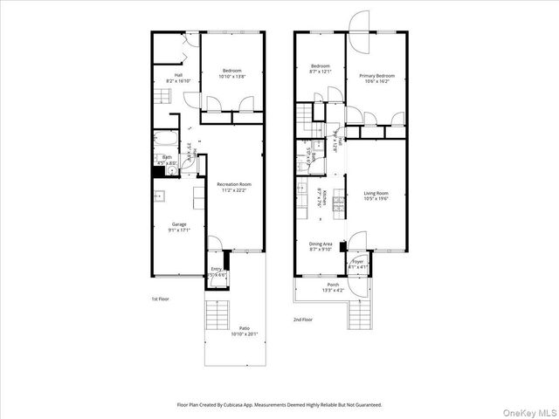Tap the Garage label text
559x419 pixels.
pyautogui.click(x=178, y=223)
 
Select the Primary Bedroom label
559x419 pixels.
pyautogui.click(x=377, y=76)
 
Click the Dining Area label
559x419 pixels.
pyautogui.click(x=321, y=244)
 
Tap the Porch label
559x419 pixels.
pyautogui.click(x=333, y=285)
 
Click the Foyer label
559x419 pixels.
pyautogui.click(x=357, y=261)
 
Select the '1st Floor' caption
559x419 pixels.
pyautogui.click(x=160, y=299)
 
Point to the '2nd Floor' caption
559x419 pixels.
pyautogui.click(x=303, y=320)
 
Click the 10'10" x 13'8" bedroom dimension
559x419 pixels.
pyautogui.click(x=231, y=77)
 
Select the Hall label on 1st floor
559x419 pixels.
pyautogui.click(x=178, y=75)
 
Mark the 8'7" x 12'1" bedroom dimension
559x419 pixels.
pyautogui.click(x=321, y=72)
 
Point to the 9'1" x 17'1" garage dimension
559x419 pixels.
pyautogui.click(x=178, y=230)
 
